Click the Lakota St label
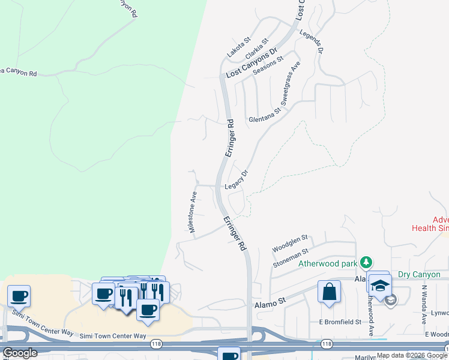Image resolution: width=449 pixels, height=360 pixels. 238,47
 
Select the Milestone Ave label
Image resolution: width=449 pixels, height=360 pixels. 193,212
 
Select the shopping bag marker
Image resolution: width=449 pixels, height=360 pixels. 329,292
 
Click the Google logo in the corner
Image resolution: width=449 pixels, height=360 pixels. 20,353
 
